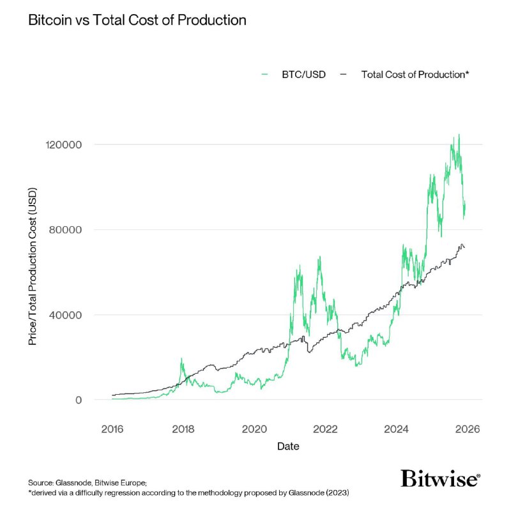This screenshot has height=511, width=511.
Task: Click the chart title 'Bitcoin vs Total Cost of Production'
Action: point(137,20)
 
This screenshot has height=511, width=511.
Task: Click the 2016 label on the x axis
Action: point(112,429)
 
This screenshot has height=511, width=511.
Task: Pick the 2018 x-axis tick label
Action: point(183,429)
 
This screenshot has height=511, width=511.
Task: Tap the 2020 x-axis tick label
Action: point(254,429)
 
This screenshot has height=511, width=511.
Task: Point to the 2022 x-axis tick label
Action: point(325,429)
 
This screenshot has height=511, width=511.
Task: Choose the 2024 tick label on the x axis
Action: point(396,429)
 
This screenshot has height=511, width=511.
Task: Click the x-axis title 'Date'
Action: point(288,446)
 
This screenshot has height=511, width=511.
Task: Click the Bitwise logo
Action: point(440,478)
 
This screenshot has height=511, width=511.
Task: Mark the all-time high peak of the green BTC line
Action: point(459,135)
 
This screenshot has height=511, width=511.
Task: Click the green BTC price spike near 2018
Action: point(182,359)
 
